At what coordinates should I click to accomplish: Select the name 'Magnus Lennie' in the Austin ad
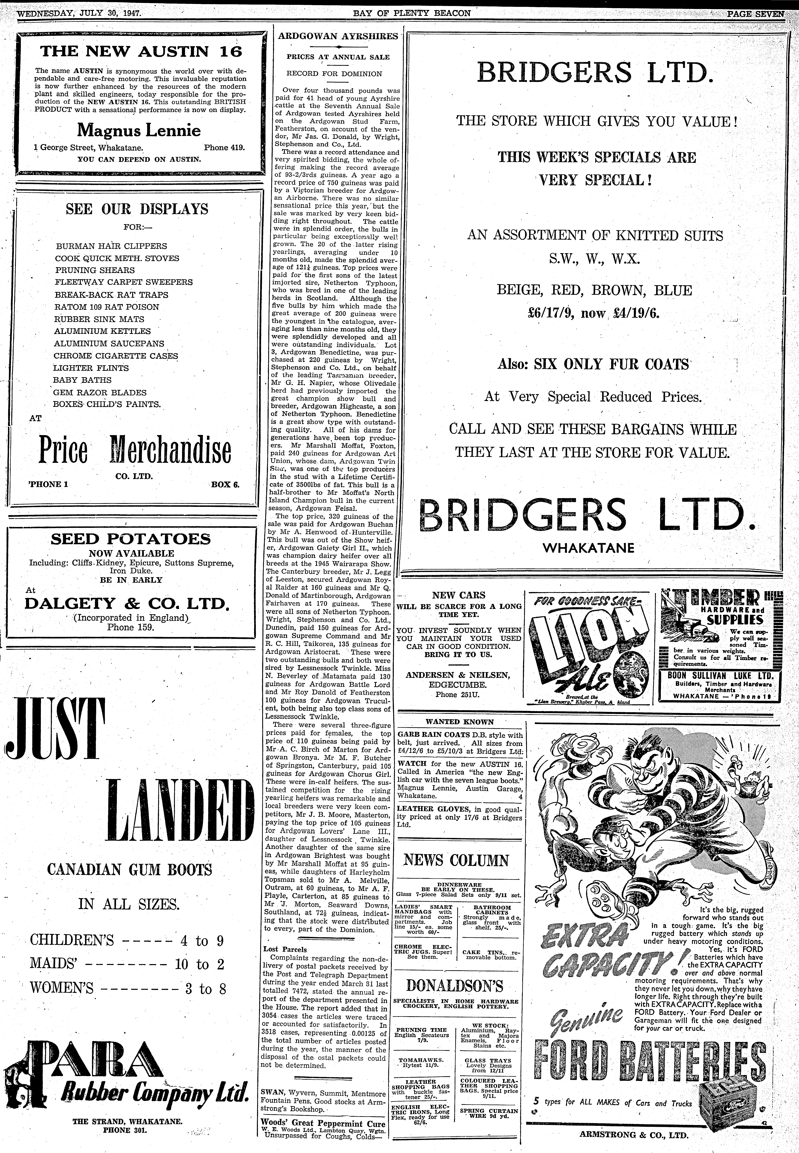[x=139, y=131]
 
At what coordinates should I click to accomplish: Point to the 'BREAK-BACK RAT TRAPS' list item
[x=111, y=295]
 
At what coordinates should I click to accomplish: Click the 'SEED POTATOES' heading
[x=131, y=539]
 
